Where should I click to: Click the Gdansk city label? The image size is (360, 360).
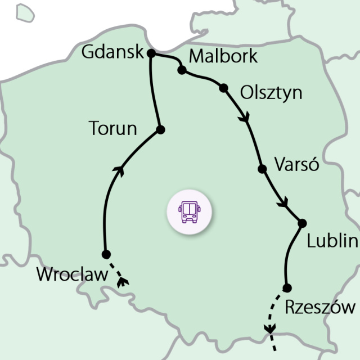(112, 52)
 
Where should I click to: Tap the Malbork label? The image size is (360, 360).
(223, 56)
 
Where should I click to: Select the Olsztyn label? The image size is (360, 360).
(271, 92)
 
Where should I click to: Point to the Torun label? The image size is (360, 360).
(113, 129)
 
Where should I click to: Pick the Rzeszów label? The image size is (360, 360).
(321, 307)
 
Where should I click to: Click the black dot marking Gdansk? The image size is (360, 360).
(151, 53)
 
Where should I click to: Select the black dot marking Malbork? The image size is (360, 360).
(182, 70)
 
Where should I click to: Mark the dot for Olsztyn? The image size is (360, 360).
(224, 88)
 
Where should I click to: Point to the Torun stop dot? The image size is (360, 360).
(160, 130)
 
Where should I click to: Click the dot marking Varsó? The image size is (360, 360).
(262, 168)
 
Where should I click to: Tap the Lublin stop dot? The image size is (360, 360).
(302, 223)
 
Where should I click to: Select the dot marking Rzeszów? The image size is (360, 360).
(287, 288)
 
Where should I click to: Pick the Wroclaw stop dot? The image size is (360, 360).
(106, 254)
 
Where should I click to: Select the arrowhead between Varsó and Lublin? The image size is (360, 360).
(284, 202)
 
